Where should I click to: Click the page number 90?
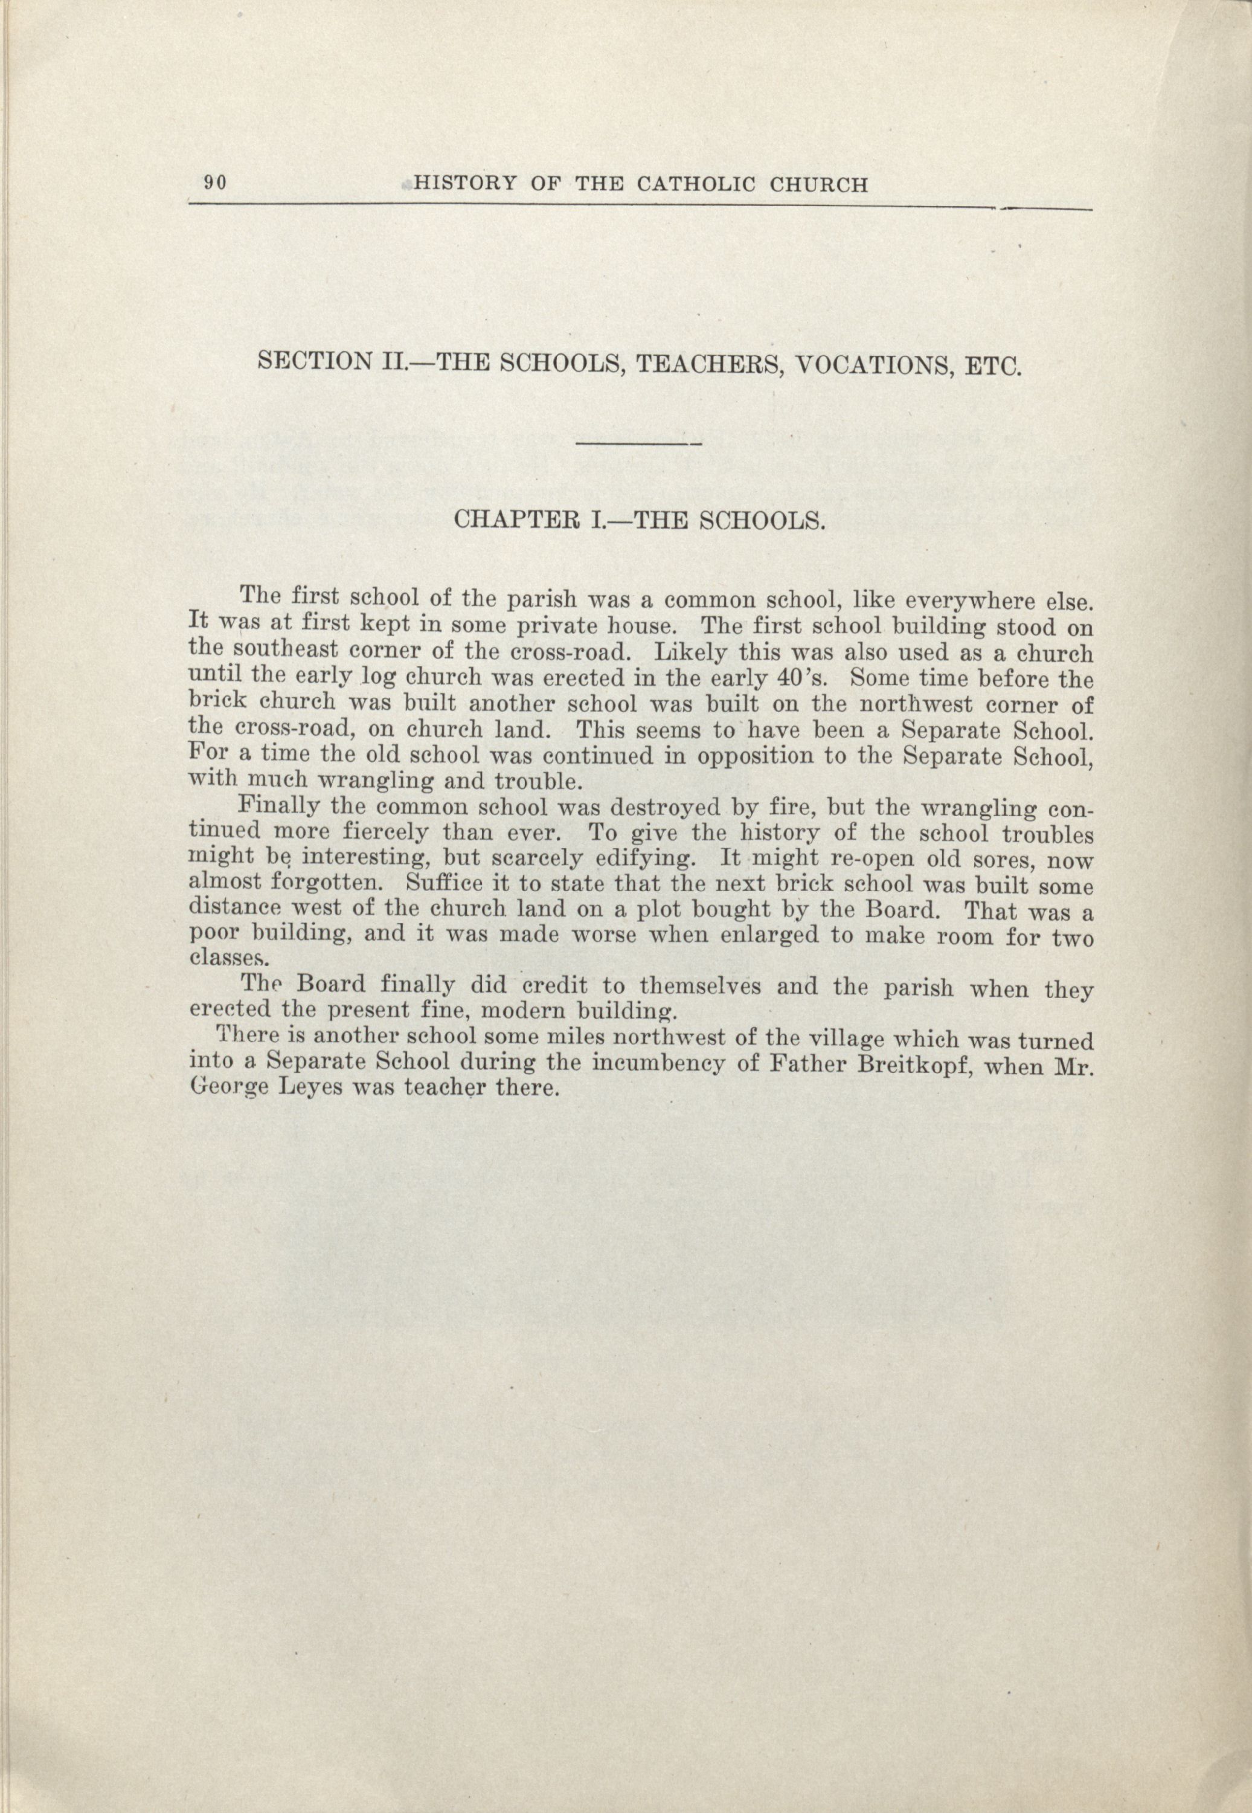(x=215, y=183)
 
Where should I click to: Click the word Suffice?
(x=441, y=883)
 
